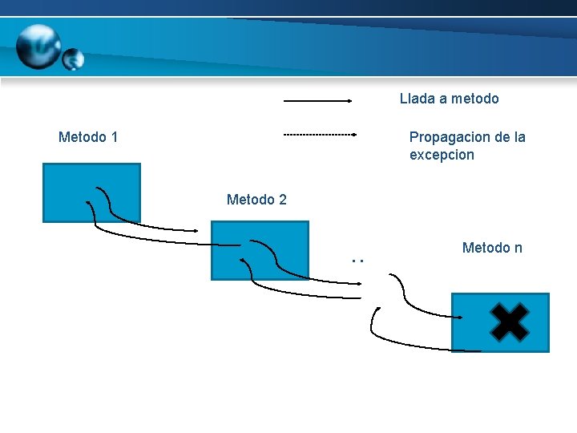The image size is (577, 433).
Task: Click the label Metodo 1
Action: (x=88, y=137)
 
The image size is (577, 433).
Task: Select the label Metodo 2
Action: (x=256, y=199)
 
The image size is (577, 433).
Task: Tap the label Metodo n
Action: (x=492, y=248)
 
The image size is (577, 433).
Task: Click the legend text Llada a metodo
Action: (x=449, y=99)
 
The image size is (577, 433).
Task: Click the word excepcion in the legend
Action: (x=442, y=155)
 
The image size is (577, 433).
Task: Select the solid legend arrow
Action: (x=318, y=101)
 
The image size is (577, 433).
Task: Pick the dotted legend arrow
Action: (x=320, y=136)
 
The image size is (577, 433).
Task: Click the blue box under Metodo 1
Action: (x=91, y=192)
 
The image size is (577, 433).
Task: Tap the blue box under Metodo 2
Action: (x=260, y=250)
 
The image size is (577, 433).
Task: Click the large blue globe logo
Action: (x=38, y=46)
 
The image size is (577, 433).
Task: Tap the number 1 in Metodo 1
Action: (x=115, y=137)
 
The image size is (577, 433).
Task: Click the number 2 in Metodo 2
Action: (x=282, y=199)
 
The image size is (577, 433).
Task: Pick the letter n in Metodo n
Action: (x=518, y=248)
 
